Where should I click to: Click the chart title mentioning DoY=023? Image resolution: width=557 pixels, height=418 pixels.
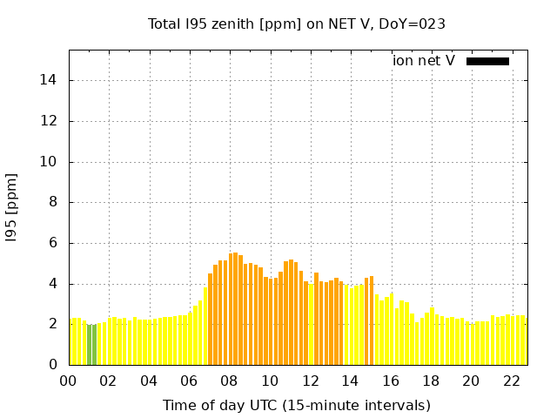tap(296, 24)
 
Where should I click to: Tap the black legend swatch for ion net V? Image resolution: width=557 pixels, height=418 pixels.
tap(487, 61)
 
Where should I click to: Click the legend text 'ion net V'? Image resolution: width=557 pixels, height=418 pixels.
tap(424, 61)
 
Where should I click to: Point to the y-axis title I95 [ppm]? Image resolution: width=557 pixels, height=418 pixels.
tap(12, 208)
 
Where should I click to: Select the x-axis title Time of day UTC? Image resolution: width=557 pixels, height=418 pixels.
tap(296, 405)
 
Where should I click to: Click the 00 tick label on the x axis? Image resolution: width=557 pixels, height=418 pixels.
tap(69, 381)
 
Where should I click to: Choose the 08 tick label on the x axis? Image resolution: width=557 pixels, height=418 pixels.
tap(229, 381)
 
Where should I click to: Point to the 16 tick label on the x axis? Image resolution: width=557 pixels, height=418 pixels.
tap(391, 381)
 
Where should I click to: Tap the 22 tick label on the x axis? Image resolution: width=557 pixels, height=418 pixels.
tap(512, 381)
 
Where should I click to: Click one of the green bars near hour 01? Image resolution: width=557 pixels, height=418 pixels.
tap(90, 346)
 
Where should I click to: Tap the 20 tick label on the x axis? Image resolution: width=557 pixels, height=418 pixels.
tap(471, 381)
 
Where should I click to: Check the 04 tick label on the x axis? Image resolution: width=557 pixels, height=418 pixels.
tap(149, 381)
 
